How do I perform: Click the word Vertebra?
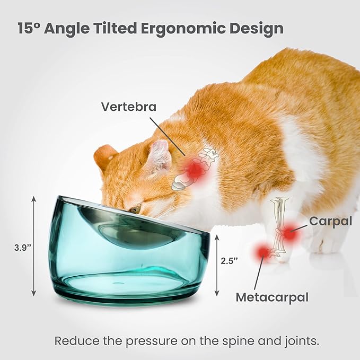tap(129, 107)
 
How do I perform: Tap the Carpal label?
tap(330, 221)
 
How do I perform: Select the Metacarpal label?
tap(272, 297)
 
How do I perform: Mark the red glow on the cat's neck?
tap(196, 169)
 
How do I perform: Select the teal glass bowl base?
tap(127, 270)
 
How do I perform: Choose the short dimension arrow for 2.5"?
tap(217, 265)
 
